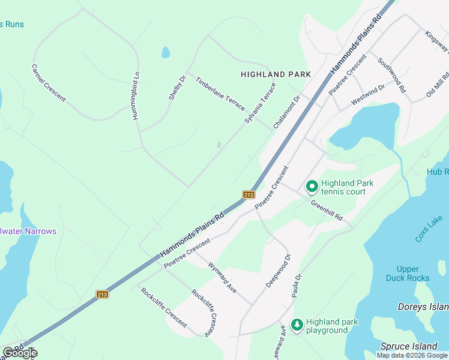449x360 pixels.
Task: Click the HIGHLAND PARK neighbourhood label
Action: pos(276,74)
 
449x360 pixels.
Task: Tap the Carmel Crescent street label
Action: pos(49,83)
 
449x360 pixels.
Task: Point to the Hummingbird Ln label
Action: pos(136,95)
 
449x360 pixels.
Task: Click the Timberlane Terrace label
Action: pos(220,94)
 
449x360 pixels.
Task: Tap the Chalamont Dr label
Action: pos(286,113)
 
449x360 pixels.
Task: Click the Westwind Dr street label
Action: pos(367,95)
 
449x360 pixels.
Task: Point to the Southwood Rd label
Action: pos(392,75)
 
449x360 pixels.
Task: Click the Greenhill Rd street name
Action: pos(327,209)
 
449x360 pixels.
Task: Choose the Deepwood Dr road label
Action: pos(279,270)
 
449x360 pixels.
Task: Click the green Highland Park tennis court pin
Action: pos(312,187)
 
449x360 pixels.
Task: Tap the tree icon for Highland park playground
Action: pos(297,325)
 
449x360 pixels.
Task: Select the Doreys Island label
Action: pos(423,307)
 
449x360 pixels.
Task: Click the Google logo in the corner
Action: pos(20,353)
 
